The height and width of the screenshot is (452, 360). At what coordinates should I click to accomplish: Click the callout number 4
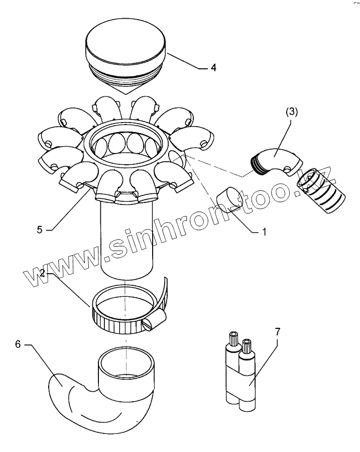point(213,68)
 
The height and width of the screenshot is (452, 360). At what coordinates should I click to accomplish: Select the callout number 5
point(40,230)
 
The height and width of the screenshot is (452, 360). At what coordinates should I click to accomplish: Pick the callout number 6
point(18,345)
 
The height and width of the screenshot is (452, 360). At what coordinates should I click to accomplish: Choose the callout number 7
point(278,331)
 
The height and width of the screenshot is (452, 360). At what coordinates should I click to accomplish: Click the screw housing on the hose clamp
point(156,321)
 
